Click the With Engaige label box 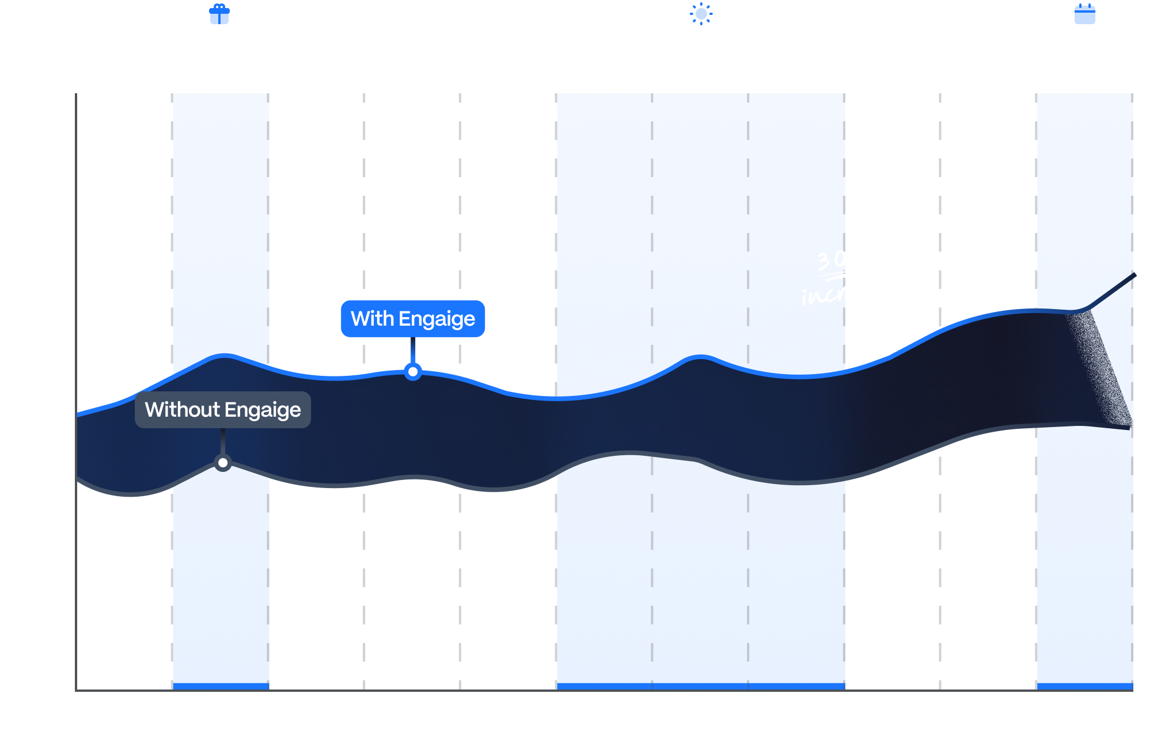click(413, 318)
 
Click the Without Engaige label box click(223, 410)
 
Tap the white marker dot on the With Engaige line click(413, 372)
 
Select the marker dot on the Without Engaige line click(223, 463)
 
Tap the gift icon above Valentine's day click(219, 14)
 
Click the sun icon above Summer click(701, 14)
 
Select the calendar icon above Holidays click(1085, 14)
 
